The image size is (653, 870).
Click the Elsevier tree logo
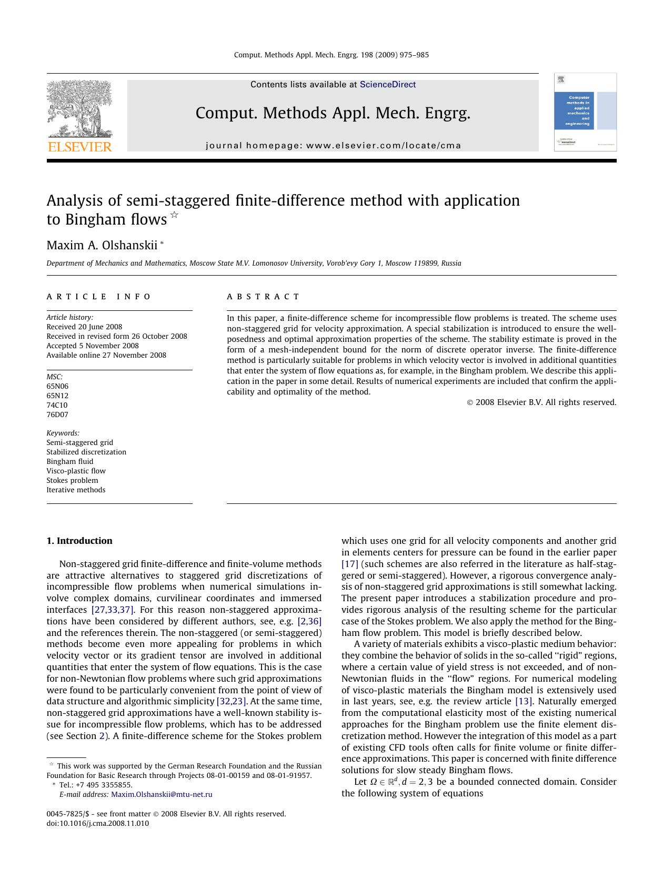click(79, 109)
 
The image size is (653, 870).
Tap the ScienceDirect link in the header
click(388, 85)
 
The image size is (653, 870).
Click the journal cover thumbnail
click(585, 112)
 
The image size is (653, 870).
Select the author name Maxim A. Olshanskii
click(102, 245)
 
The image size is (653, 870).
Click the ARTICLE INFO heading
click(99, 297)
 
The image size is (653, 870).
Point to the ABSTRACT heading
click(263, 297)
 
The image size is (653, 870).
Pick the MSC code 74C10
click(57, 405)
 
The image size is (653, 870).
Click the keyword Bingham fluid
click(69, 461)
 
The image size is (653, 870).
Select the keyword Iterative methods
click(76, 490)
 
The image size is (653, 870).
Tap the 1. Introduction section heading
click(79, 541)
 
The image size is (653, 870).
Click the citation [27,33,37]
click(113, 610)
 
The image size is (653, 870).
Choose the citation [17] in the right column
click(349, 564)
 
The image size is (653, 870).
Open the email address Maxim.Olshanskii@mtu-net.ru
click(162, 794)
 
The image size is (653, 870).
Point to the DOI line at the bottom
click(98, 823)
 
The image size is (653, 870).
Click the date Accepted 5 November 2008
click(93, 346)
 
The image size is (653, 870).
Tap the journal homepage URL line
click(333, 146)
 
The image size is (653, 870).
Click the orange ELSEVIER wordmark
click(80, 147)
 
